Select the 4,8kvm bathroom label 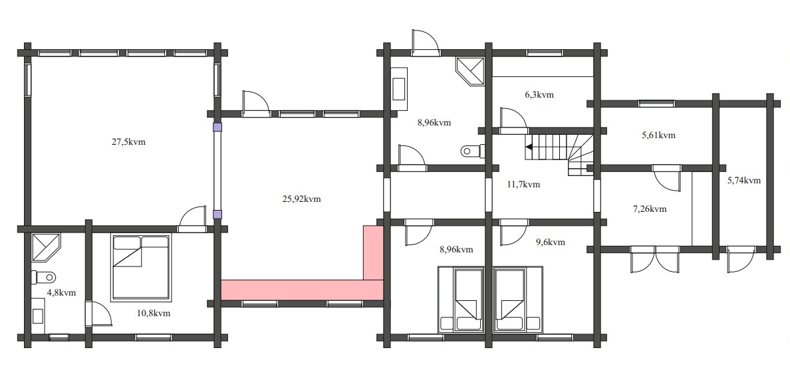pos(61,292)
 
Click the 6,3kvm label pos(539,94)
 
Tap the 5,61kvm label pos(658,135)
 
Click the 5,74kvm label pos(743,180)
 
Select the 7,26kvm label pos(649,209)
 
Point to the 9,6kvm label pos(550,242)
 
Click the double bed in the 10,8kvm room pos(141,267)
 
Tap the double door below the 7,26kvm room pos(655,259)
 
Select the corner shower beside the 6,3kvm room pos(471,70)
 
